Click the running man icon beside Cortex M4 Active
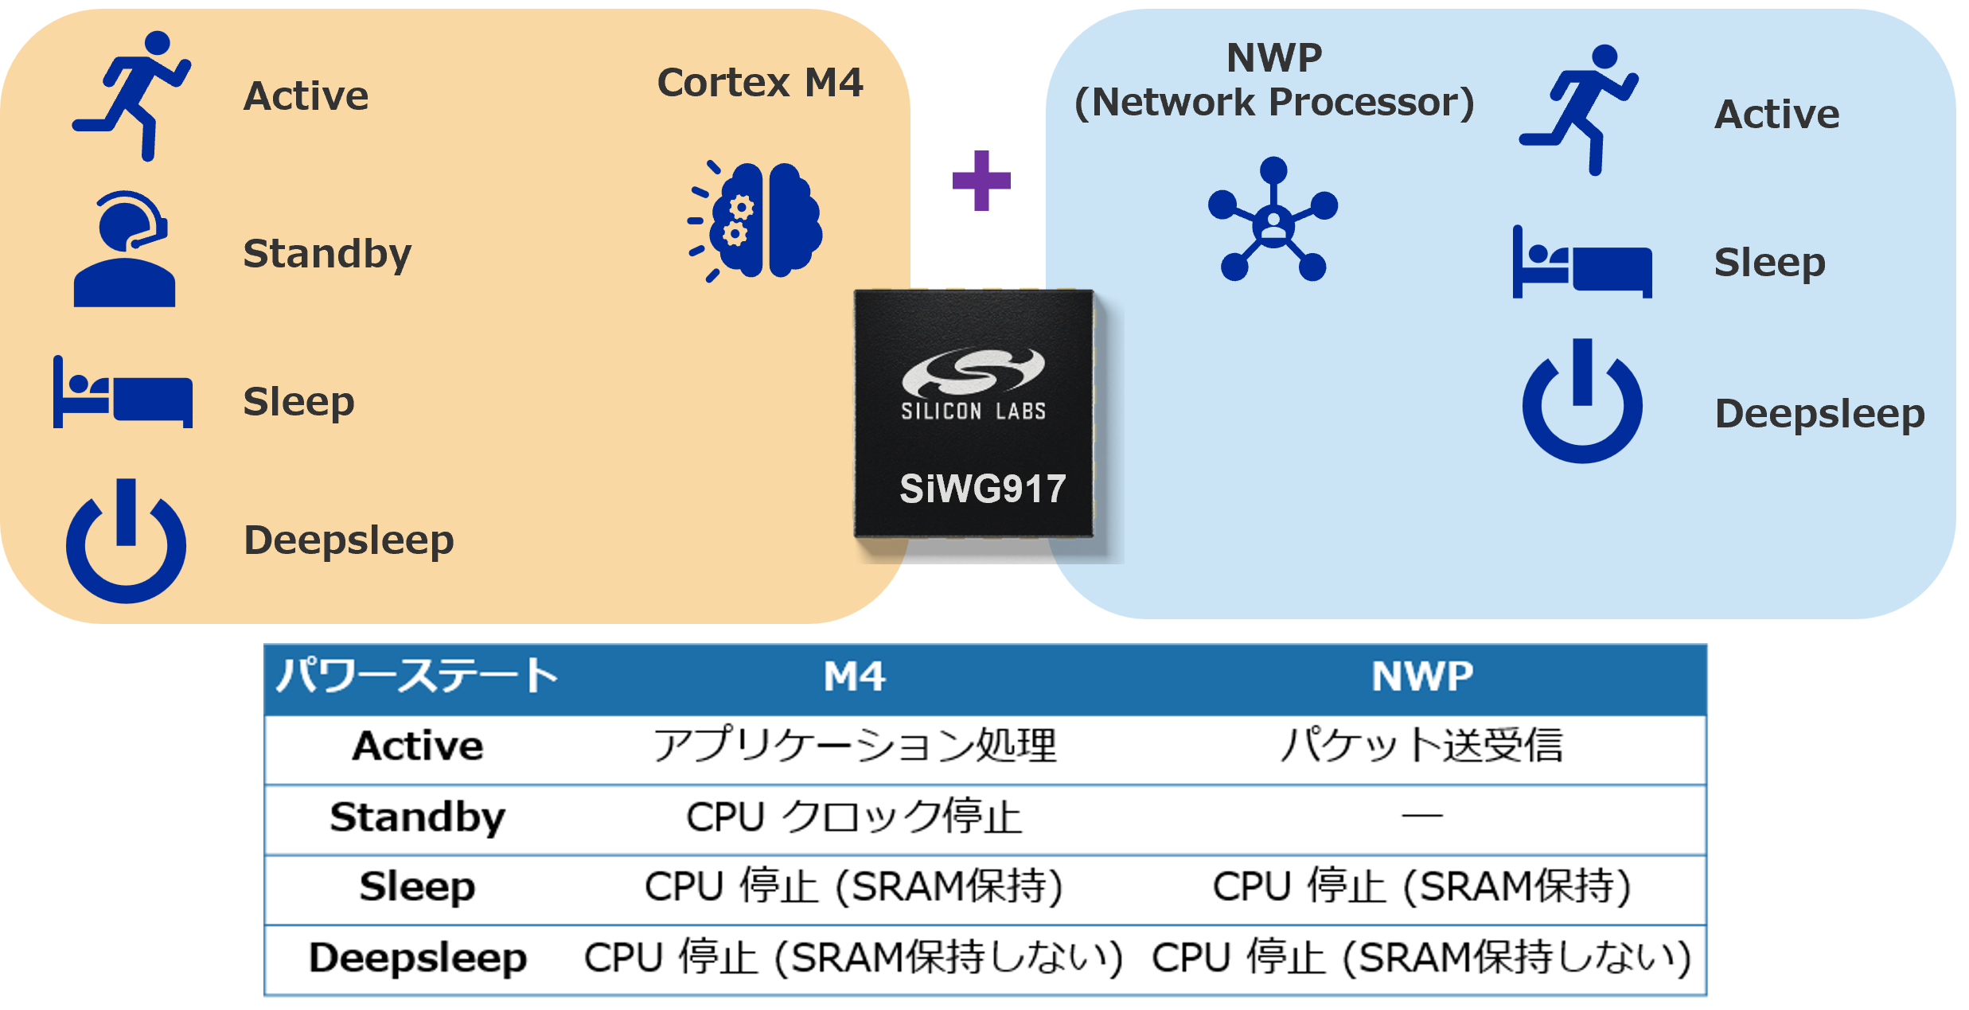coord(131,96)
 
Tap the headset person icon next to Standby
coord(124,250)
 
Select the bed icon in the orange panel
coord(123,393)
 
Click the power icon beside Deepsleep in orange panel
coord(126,542)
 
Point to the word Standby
coord(327,254)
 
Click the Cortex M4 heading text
coord(760,83)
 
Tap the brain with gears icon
coord(756,220)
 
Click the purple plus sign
coord(981,181)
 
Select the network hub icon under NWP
coord(1273,220)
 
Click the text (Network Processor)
coord(1274,103)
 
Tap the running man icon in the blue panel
coord(1578,110)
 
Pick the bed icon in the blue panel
coord(1581,263)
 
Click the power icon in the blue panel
coord(1582,402)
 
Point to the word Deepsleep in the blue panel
coord(1819,414)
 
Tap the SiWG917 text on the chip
coord(982,489)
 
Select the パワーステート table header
coord(416,677)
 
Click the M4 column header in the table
coord(854,677)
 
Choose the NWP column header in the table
coord(1422,677)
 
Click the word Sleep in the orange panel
coord(298,402)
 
